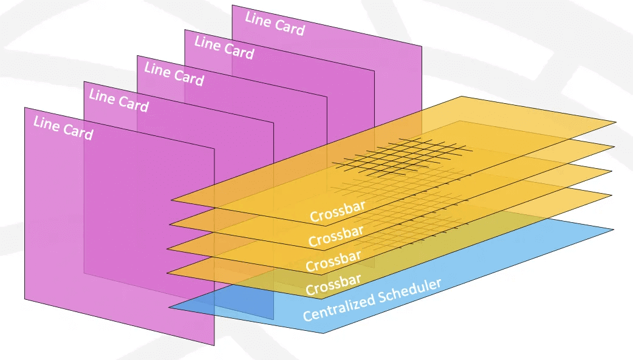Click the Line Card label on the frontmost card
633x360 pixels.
(63, 128)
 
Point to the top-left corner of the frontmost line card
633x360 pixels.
(25, 108)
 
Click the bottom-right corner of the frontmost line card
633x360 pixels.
(214, 345)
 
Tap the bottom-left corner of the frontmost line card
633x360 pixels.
(25, 299)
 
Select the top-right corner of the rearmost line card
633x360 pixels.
(422, 47)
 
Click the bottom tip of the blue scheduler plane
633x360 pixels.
(323, 333)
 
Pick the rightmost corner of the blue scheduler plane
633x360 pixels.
(614, 230)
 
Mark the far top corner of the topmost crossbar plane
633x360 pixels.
(463, 97)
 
